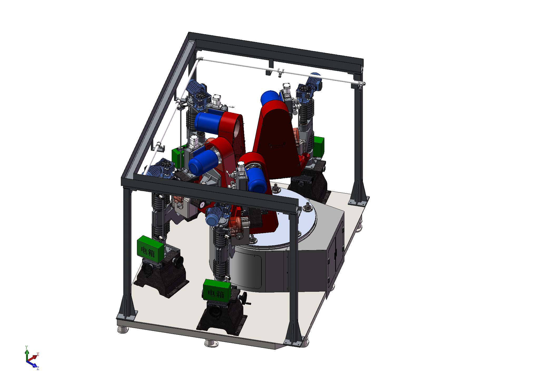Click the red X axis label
click(38, 354)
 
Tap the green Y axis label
click(26, 347)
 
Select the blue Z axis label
click(38, 368)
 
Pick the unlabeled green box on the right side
click(319, 147)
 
